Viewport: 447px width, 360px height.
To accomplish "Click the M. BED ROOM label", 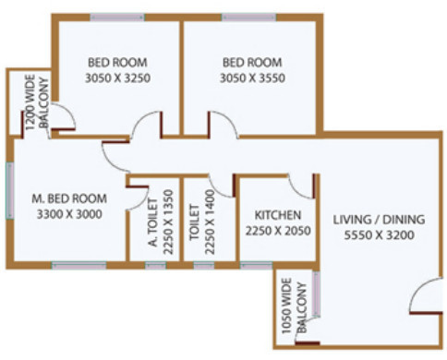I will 69,198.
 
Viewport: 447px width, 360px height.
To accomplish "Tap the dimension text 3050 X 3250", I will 117,78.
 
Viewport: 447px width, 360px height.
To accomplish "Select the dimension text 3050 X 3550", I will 253,78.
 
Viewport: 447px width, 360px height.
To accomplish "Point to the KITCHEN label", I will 273,216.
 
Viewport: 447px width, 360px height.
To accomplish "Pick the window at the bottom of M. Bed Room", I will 79,266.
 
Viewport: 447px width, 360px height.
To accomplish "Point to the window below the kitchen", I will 257,266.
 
